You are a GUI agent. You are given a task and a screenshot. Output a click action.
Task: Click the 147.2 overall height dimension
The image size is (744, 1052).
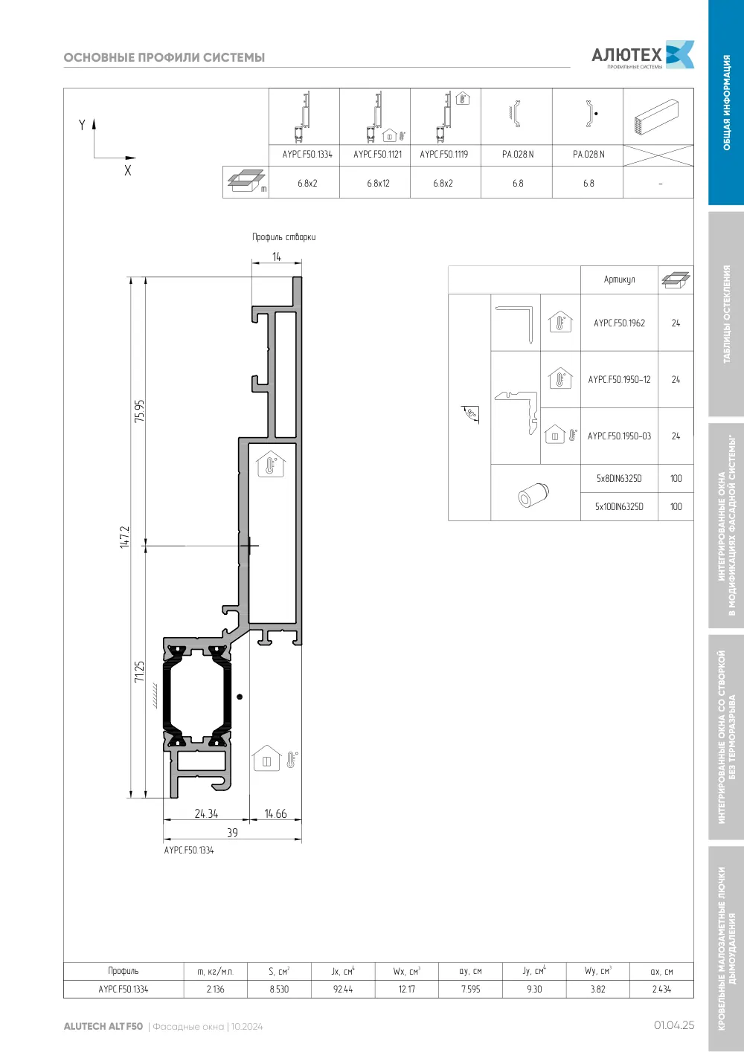(124, 537)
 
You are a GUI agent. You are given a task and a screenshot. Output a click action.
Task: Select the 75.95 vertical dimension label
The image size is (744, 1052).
(140, 411)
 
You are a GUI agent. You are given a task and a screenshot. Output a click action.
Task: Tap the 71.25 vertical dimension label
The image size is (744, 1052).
(140, 671)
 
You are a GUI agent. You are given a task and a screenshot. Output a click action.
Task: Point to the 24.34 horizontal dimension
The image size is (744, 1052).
(206, 813)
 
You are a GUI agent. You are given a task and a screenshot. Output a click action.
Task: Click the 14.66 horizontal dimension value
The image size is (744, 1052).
(275, 813)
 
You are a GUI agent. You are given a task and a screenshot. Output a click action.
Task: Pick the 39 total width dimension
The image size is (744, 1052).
(233, 833)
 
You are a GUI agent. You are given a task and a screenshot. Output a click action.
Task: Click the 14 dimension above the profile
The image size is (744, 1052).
(276, 256)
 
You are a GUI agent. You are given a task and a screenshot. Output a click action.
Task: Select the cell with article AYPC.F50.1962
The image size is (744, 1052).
(619, 323)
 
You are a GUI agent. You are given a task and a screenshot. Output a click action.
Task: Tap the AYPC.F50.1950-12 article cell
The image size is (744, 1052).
(619, 379)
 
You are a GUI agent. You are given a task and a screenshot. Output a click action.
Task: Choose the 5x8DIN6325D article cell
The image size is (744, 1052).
(619, 478)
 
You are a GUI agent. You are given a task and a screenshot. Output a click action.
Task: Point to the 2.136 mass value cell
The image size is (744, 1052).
(215, 989)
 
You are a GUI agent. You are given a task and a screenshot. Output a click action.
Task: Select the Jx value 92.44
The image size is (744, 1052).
(343, 989)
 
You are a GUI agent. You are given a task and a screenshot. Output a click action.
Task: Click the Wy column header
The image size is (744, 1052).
(598, 971)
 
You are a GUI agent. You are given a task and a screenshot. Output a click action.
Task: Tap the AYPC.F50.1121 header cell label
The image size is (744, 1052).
(377, 154)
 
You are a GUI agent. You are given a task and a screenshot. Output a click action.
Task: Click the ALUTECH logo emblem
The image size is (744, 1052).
(680, 54)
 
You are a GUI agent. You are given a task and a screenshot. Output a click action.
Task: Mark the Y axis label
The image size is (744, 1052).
(82, 125)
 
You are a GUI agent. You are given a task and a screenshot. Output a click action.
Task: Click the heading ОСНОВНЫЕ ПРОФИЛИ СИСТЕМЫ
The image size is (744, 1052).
(164, 57)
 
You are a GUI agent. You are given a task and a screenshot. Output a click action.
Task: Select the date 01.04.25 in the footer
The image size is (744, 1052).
(674, 1025)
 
